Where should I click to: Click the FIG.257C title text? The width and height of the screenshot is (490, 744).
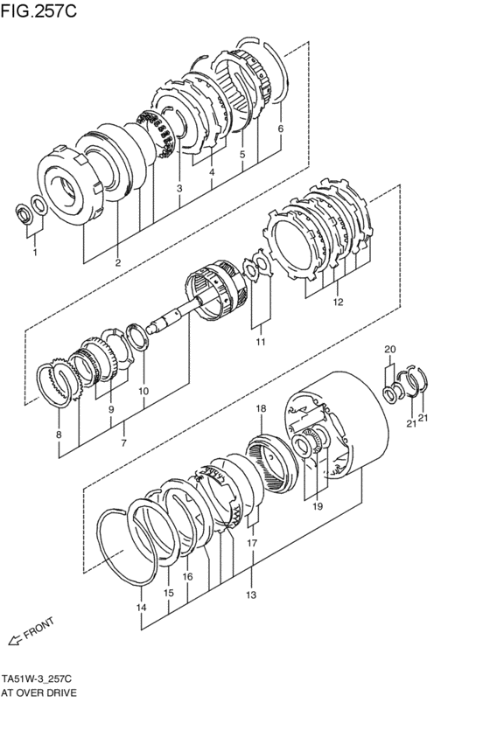click(x=38, y=10)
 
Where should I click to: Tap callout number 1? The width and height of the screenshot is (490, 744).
click(x=35, y=253)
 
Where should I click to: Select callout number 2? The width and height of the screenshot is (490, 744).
click(x=118, y=263)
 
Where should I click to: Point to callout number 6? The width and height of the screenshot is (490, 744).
click(x=281, y=129)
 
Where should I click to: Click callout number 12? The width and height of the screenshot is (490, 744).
click(x=338, y=302)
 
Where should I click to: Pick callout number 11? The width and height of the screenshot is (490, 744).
click(x=261, y=342)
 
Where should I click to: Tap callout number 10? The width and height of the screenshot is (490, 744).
click(x=143, y=391)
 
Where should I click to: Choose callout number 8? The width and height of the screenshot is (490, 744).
click(x=59, y=435)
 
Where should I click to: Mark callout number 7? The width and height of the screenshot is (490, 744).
click(x=124, y=443)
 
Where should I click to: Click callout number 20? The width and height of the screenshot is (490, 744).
click(x=390, y=349)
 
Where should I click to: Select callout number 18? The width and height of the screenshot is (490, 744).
click(x=261, y=408)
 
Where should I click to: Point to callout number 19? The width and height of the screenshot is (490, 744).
click(x=318, y=506)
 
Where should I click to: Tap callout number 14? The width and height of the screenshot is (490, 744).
click(x=141, y=607)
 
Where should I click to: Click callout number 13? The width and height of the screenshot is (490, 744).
click(x=251, y=595)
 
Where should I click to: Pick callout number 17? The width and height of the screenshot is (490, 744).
click(x=252, y=543)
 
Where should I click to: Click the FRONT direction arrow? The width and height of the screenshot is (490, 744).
click(x=15, y=640)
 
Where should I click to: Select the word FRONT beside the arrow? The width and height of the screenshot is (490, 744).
click(x=38, y=629)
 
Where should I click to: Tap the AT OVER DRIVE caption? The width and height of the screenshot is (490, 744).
click(x=38, y=692)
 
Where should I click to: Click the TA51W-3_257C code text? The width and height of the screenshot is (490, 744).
click(x=36, y=678)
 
